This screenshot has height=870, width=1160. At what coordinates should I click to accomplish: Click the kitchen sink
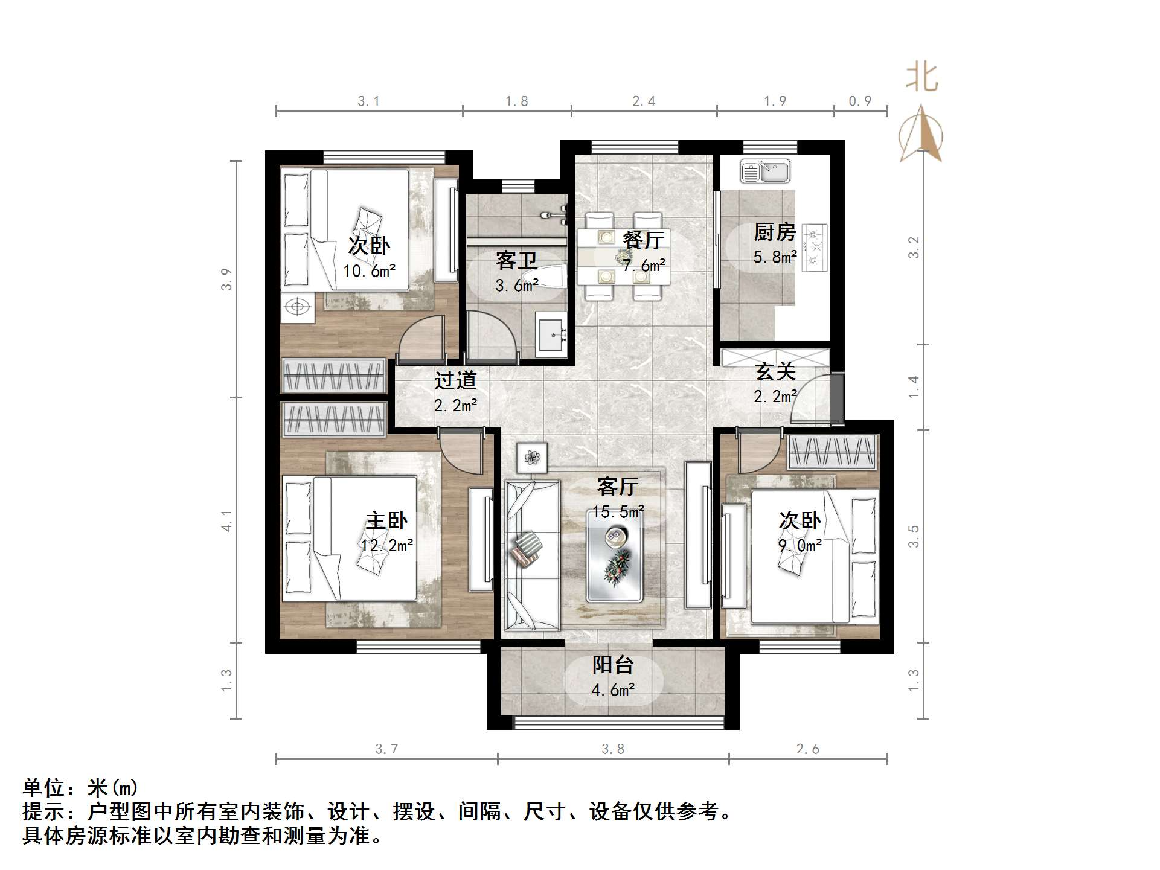click(x=765, y=172)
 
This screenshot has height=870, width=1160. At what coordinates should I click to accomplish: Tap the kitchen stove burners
click(x=816, y=246)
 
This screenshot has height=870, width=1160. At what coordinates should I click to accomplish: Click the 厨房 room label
click(x=775, y=232)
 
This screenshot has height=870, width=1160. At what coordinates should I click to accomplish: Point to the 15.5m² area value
click(x=618, y=512)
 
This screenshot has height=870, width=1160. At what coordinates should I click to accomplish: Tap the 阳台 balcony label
click(x=613, y=665)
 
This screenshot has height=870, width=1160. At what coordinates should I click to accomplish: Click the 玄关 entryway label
click(x=775, y=371)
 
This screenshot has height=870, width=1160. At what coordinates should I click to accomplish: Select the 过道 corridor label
click(x=455, y=380)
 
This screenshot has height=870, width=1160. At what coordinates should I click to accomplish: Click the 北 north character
click(x=921, y=77)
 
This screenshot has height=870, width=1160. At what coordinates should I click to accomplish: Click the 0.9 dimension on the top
click(x=860, y=101)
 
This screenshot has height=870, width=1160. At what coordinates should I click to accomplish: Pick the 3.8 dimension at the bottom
click(x=613, y=749)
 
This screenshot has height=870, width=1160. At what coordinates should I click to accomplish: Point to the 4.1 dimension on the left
click(x=226, y=520)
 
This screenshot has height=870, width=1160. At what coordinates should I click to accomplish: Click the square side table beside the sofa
click(x=532, y=458)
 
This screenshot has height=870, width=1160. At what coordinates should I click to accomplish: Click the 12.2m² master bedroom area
click(x=386, y=546)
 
